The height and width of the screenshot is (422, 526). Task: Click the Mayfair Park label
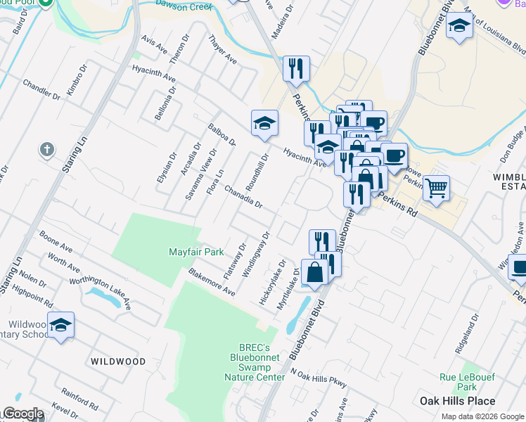196,252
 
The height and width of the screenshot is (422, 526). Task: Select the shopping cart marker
437,187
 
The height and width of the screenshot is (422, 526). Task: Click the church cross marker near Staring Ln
47,150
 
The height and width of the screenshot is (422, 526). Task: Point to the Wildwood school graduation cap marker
61,325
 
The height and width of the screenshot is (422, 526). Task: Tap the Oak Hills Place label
457,401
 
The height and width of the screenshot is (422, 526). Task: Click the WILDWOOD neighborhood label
118,362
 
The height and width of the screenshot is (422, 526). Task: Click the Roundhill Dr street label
257,172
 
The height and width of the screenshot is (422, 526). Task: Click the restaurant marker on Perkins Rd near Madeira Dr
296,68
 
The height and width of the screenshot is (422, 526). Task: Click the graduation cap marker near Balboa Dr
264,123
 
